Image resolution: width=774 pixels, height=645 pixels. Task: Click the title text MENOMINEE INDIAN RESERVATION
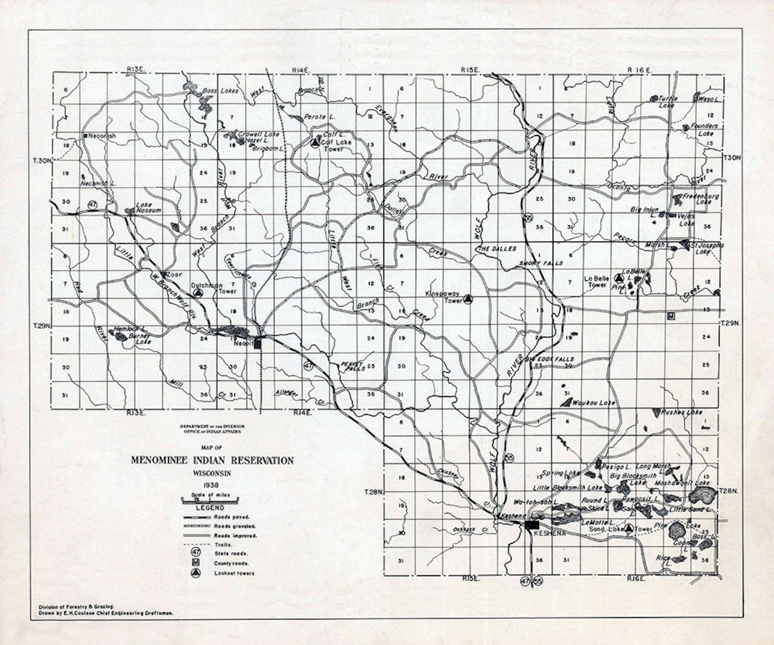212,460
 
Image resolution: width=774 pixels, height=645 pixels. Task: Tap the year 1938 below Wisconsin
211,485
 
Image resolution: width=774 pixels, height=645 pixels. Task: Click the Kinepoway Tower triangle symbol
468,300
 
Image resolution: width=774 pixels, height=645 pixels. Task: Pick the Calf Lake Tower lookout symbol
314,143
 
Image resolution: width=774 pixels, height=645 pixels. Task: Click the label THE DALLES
497,248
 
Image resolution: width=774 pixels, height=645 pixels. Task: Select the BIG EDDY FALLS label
550,358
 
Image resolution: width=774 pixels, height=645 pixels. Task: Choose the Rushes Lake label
682,412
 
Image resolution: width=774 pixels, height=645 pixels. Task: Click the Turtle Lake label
667,101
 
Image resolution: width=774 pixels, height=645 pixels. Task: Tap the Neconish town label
101,135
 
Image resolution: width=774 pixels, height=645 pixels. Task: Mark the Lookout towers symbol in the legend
195,573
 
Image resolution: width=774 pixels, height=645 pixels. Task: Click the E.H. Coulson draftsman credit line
106,613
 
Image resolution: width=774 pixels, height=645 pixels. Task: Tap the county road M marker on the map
671,315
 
